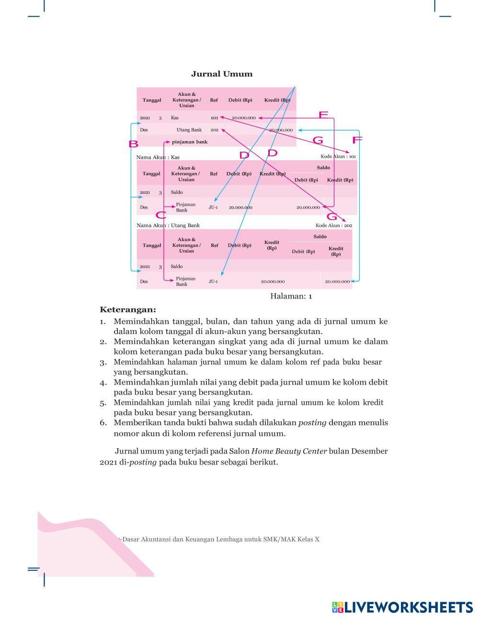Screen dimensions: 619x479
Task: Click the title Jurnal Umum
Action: pos(221,74)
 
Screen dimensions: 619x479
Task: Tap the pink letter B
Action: pos(133,144)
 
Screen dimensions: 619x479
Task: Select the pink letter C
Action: pos(161,215)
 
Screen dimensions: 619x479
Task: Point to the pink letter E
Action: pos(323,114)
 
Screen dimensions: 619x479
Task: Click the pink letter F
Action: pos(357,140)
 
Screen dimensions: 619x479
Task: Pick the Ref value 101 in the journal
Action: pos(214,118)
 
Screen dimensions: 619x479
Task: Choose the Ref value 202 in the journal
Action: pos(214,130)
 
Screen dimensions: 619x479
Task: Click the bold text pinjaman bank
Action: pos(190,142)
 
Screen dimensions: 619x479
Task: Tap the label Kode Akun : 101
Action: pos(338,156)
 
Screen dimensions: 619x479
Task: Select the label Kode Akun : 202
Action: pos(334,225)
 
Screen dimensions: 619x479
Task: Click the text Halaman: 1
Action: pos(291,296)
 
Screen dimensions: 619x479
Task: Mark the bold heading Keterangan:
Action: pos(128,309)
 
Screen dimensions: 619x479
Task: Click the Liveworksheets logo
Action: pos(402,607)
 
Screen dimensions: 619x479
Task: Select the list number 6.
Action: pos(103,423)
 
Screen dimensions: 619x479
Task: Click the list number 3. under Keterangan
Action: pos(103,362)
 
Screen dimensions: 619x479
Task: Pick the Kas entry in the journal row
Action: pos(175,118)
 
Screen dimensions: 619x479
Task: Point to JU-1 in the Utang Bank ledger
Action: pos(213,281)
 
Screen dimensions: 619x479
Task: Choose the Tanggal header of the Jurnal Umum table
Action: pos(152,100)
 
